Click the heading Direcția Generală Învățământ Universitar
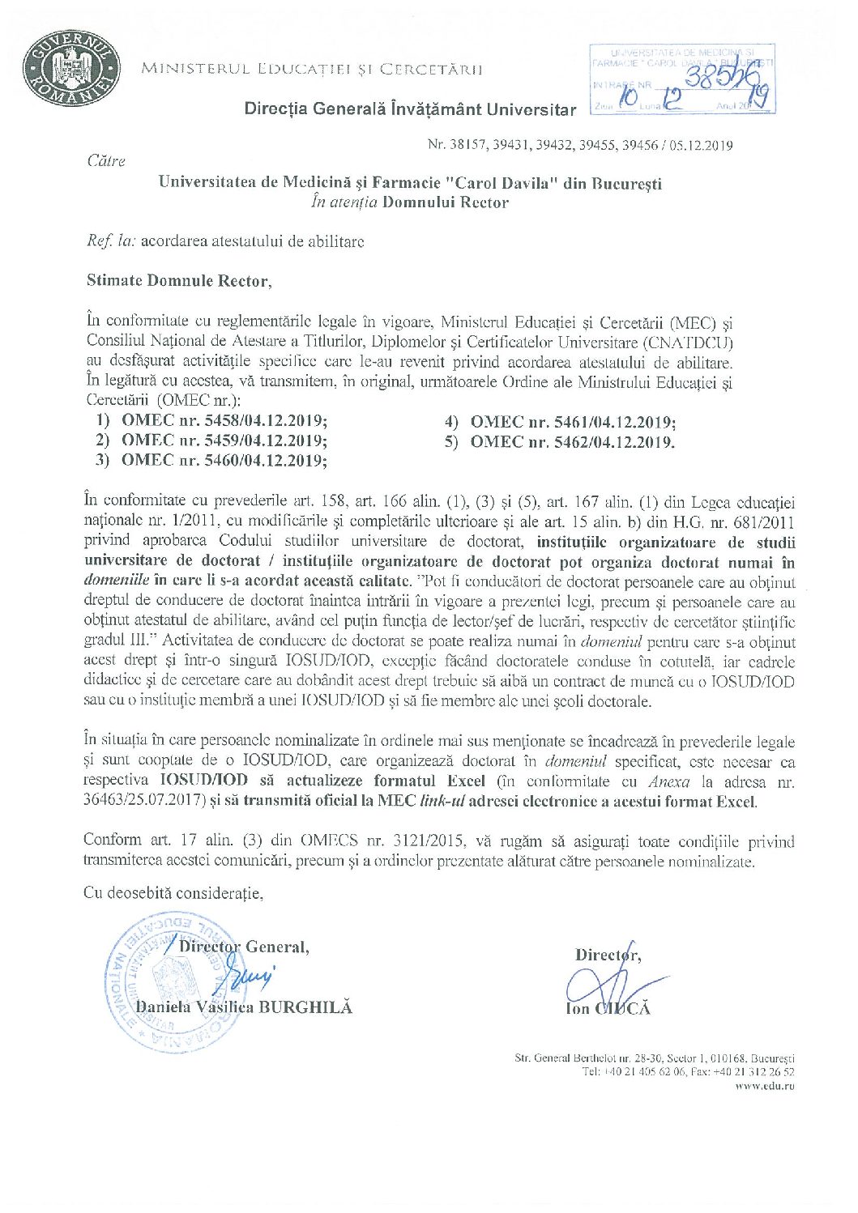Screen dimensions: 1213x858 410,110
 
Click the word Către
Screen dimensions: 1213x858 106,161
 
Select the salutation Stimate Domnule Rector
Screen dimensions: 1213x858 178,281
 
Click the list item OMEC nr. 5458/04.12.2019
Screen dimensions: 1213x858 224,421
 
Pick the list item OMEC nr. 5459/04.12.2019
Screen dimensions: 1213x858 224,441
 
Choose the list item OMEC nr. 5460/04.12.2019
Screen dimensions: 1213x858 224,461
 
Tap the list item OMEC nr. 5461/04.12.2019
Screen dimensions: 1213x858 573,422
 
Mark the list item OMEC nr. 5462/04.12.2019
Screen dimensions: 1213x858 572,441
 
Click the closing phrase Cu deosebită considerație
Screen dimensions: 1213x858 173,893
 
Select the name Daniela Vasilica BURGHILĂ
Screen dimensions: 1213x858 244,1007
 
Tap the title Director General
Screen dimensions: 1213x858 244,947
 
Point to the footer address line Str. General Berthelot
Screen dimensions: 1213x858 654,1058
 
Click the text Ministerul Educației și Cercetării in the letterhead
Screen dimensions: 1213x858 312,69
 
